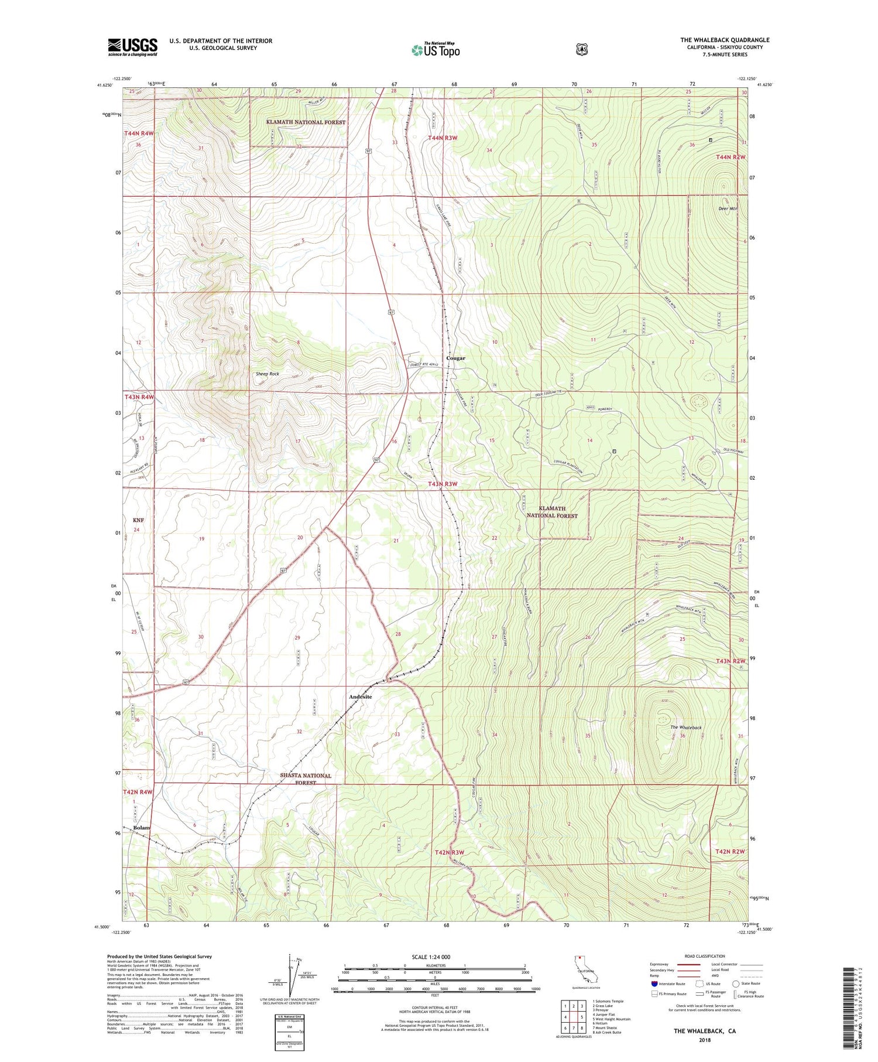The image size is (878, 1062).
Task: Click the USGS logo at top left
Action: tap(132, 47)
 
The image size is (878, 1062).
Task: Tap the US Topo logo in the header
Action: tap(436, 50)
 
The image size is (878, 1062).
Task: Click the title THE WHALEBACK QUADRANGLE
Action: tap(725, 40)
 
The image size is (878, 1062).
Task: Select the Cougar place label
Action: tap(455, 358)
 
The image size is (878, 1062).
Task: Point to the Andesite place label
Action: tap(360, 696)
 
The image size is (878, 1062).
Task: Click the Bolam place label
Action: tap(142, 828)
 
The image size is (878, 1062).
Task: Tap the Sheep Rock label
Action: tap(267, 374)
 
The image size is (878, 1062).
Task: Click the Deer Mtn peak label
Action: tap(728, 209)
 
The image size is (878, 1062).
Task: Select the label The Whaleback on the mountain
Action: tap(685, 728)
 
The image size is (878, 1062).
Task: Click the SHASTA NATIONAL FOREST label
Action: tap(305, 778)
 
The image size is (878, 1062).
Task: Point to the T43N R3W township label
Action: tap(442, 484)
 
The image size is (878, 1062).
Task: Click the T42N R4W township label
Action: tap(138, 792)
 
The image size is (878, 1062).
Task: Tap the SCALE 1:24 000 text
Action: tap(431, 957)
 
